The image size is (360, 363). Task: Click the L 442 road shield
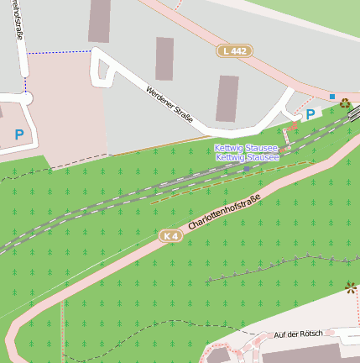pos(234,51)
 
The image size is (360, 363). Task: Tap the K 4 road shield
pos(171,236)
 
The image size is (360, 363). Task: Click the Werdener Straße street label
pos(170,104)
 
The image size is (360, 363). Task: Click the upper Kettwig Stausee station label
pos(248,148)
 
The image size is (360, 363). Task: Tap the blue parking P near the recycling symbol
pos(310,114)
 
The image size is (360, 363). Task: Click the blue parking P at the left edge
pos(18,134)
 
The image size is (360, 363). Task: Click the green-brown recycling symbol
pos(345,103)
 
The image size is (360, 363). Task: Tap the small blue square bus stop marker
pos(332,97)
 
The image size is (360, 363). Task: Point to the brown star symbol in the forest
pos(350,288)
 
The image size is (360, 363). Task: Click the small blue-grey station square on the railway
pos(247,168)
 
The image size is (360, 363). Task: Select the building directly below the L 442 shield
pos(227,98)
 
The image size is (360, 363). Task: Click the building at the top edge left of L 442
pos(100,20)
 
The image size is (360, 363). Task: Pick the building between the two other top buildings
pos(164,58)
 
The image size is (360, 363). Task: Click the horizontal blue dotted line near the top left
pos(59,51)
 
